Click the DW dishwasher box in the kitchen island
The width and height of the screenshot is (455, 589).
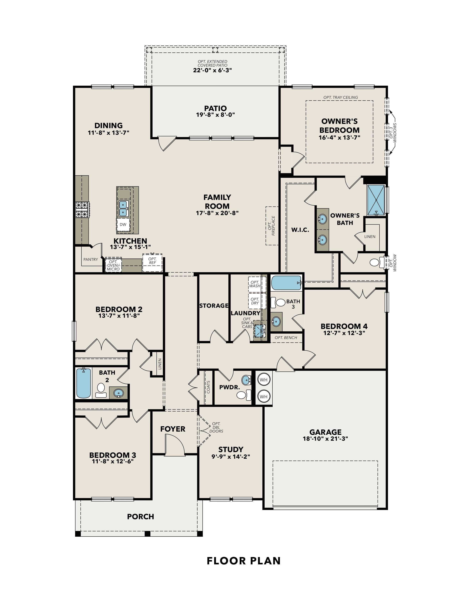point(123,224)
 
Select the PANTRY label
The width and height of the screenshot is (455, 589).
point(91,260)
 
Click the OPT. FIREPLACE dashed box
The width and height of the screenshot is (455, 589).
point(272,226)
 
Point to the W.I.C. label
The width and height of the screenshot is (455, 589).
point(300,230)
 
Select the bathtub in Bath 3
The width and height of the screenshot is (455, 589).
point(286,283)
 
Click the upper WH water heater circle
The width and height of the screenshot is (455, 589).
point(264,380)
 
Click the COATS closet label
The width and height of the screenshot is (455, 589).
point(208,387)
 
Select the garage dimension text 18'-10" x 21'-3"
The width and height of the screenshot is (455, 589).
point(325,439)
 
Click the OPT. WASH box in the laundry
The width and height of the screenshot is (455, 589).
point(255,284)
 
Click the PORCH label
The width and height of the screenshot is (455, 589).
point(140,517)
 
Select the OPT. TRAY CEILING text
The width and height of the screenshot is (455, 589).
point(340,97)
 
